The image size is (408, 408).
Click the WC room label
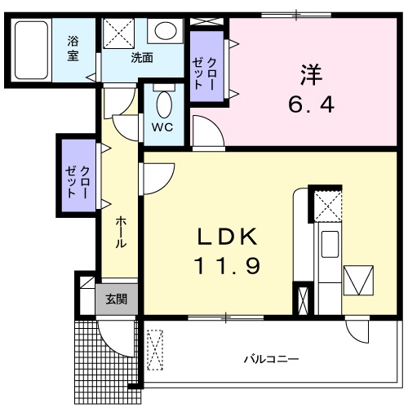(x=162, y=126)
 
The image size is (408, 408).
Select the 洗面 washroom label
(x=142, y=58)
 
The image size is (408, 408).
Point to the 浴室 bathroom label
(x=73, y=48)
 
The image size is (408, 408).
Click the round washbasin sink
(x=163, y=32)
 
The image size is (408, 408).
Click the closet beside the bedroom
(x=207, y=65)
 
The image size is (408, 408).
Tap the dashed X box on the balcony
(x=156, y=352)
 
